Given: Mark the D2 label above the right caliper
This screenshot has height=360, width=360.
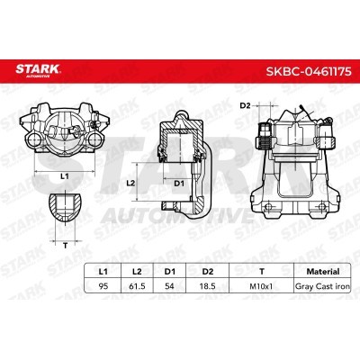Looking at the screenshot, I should (245, 106).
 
